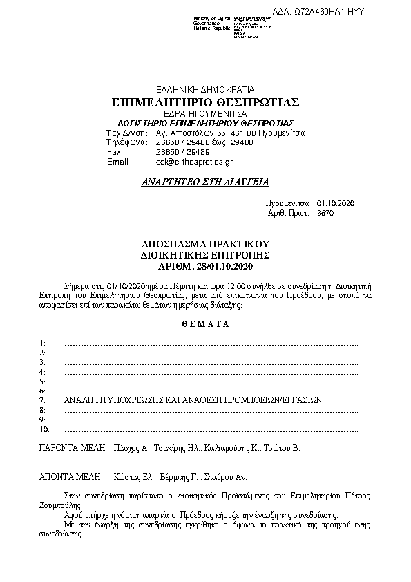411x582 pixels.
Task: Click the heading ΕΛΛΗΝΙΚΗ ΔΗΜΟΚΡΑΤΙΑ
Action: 205,90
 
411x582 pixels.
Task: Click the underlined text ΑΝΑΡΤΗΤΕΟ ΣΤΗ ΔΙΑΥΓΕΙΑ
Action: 204,182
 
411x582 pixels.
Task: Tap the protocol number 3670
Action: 324,214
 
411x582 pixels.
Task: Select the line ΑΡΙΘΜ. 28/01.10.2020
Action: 205,266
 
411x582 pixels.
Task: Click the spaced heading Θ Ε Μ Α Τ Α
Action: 205,323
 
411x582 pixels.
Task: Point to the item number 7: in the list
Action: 43,400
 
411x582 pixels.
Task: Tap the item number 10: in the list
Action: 44,429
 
